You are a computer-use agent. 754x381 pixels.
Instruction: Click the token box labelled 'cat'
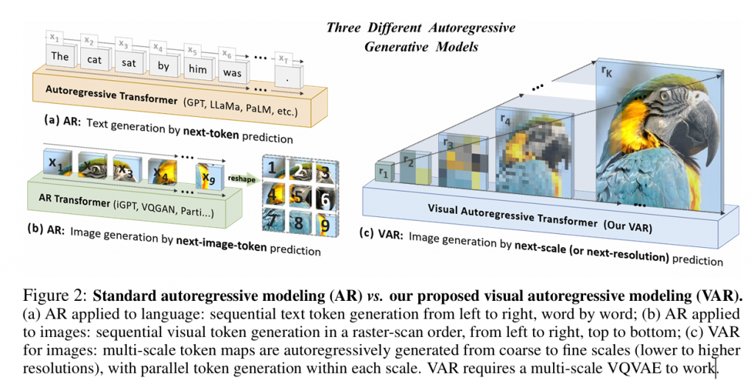[94, 60]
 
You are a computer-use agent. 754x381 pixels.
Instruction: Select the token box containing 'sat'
[129, 63]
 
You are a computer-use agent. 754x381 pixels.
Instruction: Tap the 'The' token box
[60, 56]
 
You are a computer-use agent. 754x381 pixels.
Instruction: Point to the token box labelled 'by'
[163, 66]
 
